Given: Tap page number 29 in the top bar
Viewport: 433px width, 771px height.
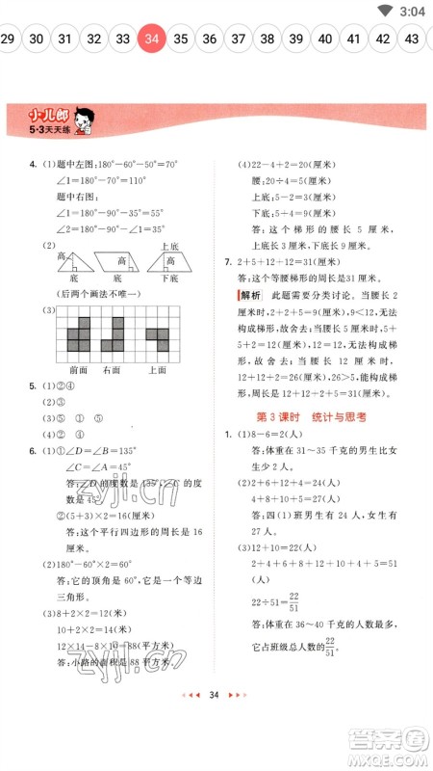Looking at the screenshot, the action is [8, 40].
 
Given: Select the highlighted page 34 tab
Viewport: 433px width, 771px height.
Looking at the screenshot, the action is [151, 40].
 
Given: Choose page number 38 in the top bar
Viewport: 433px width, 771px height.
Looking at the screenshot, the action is [267, 40].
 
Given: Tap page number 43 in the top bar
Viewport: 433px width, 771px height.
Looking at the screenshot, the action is [413, 40].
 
